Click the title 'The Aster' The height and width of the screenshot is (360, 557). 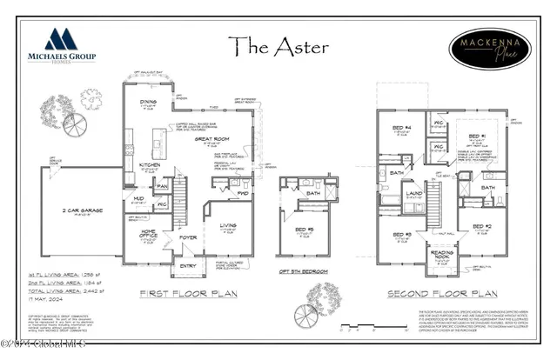[278, 45]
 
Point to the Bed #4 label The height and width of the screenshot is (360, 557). [401, 130]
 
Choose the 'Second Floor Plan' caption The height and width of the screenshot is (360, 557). [435, 294]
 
